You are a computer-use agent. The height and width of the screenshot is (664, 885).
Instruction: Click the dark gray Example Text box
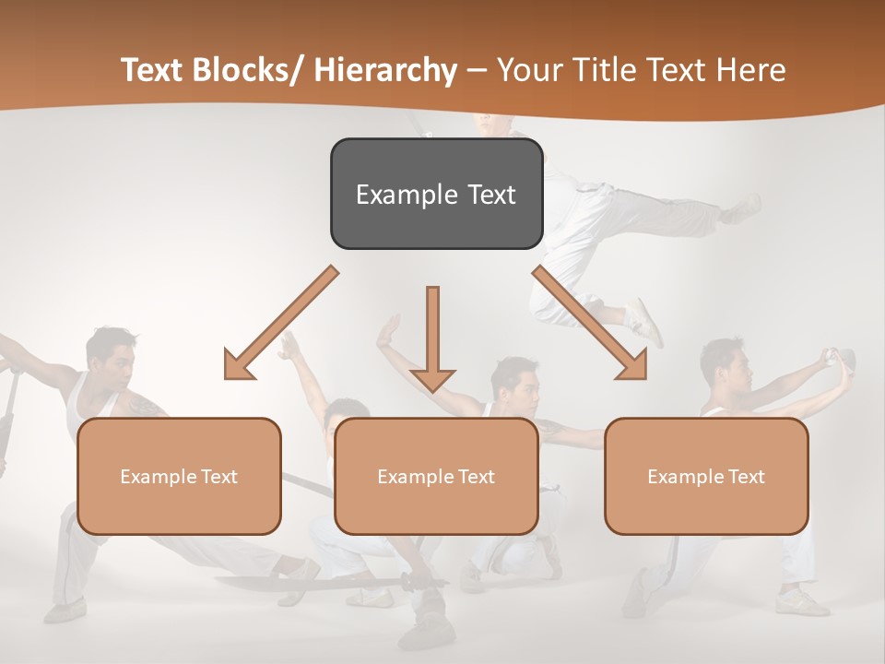click(436, 194)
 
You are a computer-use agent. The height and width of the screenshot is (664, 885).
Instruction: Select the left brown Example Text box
click(179, 476)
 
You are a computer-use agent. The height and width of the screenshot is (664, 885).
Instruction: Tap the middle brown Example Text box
click(436, 476)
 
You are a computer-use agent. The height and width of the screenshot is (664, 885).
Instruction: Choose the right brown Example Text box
click(706, 476)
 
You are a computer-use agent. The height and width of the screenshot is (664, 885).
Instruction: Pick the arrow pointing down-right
click(590, 323)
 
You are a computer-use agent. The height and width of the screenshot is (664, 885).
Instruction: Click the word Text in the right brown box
click(746, 476)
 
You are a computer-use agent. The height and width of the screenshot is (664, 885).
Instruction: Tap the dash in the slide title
click(477, 70)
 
